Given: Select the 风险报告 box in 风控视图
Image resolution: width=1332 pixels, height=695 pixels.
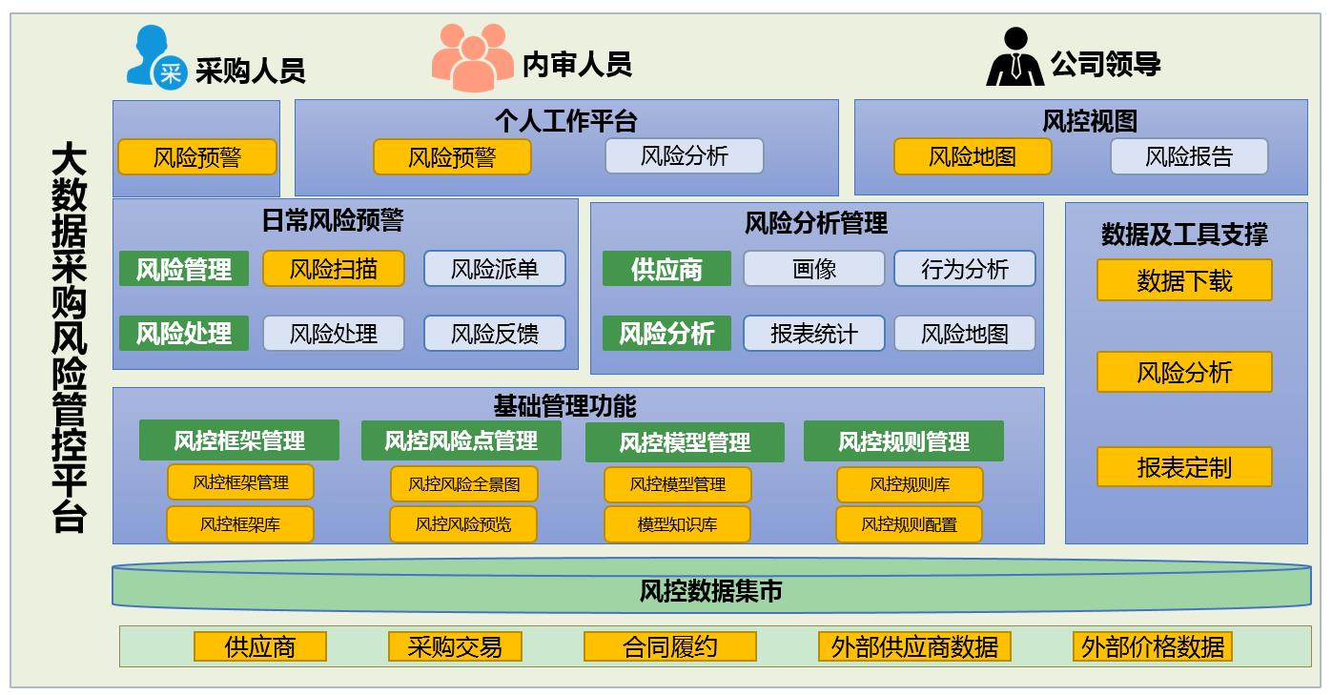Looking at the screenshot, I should coord(1189,156).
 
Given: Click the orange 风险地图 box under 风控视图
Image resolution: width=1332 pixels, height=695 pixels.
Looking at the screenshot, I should coord(973,156).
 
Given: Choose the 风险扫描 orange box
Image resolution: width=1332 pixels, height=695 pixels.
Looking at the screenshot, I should coord(334,269).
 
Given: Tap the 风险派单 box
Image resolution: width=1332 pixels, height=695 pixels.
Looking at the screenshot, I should coord(495,269).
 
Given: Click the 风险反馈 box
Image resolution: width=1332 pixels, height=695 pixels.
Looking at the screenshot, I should coord(495,334).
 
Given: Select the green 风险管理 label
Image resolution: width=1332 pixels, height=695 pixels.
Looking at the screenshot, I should coord(184,269).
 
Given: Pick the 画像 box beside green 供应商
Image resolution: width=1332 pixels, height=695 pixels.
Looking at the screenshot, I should coord(814,269).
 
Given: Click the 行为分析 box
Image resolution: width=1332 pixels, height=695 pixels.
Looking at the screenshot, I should coord(964,269).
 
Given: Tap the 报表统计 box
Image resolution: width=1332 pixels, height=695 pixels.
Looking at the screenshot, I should coord(814,334).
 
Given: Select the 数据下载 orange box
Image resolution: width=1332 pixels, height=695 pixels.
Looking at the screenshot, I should coord(1184,280).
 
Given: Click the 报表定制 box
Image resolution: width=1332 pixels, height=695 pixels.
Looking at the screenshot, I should coord(1184,467).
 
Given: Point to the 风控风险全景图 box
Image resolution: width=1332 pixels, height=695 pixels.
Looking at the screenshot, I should coord(464,484).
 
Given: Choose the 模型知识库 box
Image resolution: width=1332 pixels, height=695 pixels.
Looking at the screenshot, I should coord(677,524).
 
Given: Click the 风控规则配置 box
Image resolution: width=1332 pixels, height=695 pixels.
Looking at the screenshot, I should coord(909,524).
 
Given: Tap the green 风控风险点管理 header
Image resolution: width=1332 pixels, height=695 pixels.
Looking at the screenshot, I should coord(461,440).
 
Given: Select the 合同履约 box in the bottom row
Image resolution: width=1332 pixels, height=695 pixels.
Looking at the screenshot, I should coord(669,646).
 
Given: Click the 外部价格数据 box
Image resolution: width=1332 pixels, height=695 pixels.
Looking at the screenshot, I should coord(1152,646).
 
